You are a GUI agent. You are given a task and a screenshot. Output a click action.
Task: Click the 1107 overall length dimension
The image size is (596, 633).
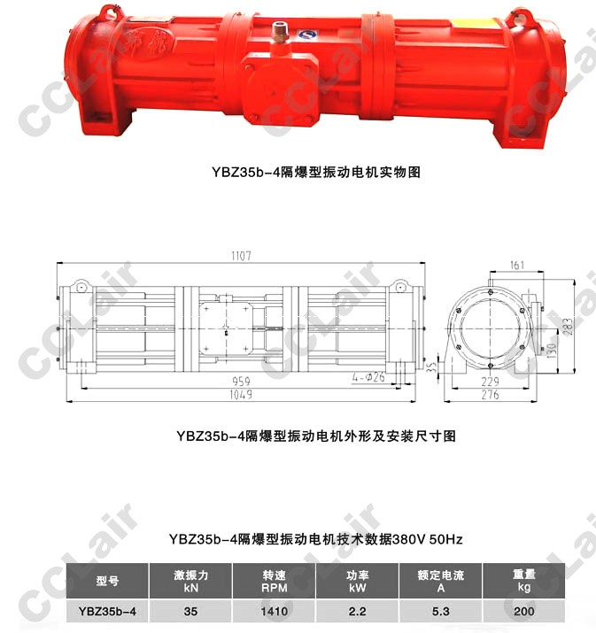pos(241,256)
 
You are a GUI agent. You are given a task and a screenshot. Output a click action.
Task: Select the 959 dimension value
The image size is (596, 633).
pos(241,381)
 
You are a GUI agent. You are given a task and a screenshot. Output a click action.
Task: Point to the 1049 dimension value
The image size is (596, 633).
pos(241,395)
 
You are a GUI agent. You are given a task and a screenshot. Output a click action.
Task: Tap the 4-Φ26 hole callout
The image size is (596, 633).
pos(368,377)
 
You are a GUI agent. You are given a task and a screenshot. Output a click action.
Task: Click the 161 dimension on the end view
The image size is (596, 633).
pos(517,266)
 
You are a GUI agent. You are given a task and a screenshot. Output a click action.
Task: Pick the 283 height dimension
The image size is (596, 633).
pos(569,327)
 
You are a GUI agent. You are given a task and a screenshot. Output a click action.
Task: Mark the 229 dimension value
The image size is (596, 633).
pos(491,382)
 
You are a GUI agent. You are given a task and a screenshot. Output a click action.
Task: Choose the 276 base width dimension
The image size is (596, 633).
pos(491,395)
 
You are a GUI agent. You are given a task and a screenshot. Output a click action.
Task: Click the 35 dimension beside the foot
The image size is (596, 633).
pos(431,367)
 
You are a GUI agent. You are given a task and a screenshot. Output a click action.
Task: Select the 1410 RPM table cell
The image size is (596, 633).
pos(275,611)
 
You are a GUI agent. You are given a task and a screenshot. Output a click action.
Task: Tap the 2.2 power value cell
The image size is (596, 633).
pos(358,611)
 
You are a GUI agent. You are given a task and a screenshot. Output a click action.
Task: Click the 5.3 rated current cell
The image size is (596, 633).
pos(440,611)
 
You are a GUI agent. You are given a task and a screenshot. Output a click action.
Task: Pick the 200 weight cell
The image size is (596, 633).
pos(523,611)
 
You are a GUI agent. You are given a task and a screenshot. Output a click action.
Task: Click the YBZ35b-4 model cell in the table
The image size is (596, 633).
pos(107,611)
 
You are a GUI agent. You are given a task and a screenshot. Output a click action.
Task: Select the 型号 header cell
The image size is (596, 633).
pos(107,581)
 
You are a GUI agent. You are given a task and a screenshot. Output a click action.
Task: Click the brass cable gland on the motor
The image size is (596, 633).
pos(277,32)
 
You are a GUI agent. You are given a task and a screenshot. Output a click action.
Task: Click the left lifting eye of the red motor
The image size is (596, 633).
pos(107,12)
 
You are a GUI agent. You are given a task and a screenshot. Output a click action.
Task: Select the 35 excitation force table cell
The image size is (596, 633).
pos(191,611)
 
